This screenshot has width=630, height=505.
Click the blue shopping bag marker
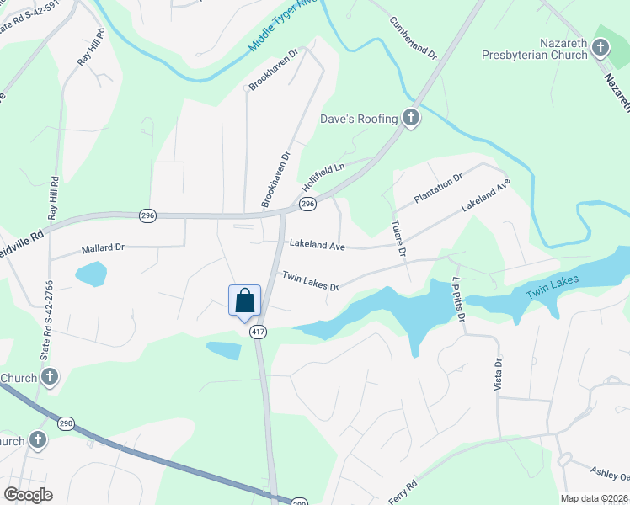coord(244,300)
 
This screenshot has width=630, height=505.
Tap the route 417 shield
coord(258,332)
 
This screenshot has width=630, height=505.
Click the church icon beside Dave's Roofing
coord(411,118)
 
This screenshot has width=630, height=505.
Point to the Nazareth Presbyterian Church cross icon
coord(600,47)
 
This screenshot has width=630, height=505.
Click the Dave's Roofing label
coord(358,119)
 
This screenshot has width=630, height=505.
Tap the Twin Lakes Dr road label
coord(310,281)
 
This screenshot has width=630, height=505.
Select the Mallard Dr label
coord(103,248)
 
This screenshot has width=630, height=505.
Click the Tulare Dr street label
coord(399,239)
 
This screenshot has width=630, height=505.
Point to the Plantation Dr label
coord(439,189)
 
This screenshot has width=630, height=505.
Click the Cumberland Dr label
coord(414,37)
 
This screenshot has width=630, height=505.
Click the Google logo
coord(28,495)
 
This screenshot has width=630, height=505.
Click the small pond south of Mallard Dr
coord(91,274)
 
